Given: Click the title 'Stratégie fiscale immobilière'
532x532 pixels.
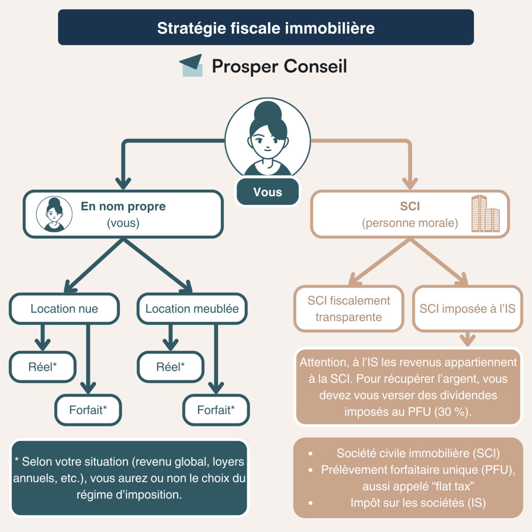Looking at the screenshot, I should pos(266,28).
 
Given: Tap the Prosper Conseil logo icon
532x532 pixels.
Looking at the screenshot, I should pos(191,66).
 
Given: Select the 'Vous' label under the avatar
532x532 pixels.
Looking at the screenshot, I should pos(267,192).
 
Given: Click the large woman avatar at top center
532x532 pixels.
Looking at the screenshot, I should pos(267,138).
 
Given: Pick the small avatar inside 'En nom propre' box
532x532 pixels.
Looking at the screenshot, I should pos(55,214).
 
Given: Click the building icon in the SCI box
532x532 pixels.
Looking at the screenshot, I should pos(485,214).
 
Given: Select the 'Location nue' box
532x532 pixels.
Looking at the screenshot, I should pos(64,308).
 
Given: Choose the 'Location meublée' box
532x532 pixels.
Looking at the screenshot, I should pos(192,308).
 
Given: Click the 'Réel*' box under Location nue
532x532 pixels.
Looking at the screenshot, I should pos(42,367).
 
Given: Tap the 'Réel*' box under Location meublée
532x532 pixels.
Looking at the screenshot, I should pos(170,367).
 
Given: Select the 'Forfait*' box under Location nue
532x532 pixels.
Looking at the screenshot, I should pos(88,410).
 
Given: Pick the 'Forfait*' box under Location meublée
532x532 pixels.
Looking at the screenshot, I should pos(216,410).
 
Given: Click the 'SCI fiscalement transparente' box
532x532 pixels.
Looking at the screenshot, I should pos(349,308).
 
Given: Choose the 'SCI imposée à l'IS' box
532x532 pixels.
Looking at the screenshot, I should pos(467,308).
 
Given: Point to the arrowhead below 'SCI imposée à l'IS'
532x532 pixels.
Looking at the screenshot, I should pos(467,340).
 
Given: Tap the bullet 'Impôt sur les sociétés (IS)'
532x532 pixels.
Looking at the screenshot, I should pos(418,503).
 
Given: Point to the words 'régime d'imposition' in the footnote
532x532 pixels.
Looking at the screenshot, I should pos(129,494).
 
